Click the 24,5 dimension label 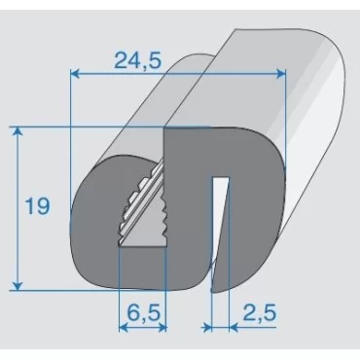137,60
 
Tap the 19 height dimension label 38,205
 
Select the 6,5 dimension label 143,312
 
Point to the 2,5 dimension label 260,312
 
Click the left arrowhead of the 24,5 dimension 75,74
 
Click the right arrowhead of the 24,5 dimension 281,74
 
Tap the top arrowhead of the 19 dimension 18,130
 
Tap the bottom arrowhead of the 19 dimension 18,286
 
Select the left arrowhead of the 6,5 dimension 124,328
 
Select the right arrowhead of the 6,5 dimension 162,328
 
